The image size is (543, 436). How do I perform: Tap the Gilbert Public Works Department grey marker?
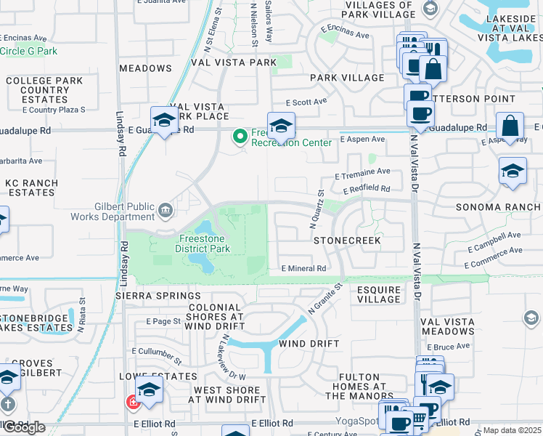coord(166,211)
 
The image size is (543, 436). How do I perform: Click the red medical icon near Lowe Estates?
coord(132,401)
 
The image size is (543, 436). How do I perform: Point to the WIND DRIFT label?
coord(309,343)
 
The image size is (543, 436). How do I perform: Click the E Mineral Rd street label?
coord(303,268)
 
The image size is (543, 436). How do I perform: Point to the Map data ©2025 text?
coord(512,430)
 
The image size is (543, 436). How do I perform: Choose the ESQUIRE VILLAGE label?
coord(378,294)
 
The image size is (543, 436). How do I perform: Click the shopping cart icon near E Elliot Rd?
coord(420,417)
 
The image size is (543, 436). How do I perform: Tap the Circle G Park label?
coord(28,52)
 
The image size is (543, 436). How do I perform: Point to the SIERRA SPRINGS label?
coord(158,296)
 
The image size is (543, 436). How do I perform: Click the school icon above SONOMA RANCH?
coord(513,171)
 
